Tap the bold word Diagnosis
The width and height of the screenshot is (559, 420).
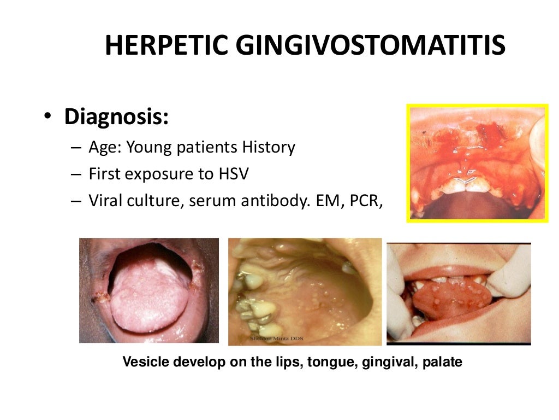116,117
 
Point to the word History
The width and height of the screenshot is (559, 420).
268,147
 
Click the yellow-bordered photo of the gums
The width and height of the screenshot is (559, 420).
477,163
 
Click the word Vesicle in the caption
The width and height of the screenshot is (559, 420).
142,362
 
